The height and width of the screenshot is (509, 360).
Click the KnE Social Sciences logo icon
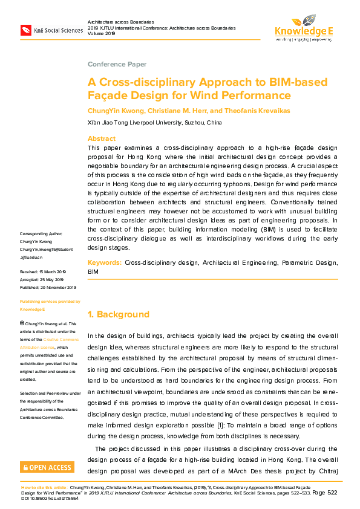[x=26, y=29]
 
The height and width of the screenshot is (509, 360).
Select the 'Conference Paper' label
[x=117, y=64]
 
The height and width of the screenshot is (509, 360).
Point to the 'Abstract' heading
[x=102, y=138]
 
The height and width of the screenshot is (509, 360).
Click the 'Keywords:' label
[x=105, y=263]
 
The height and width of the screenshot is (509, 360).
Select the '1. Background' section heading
[x=119, y=314]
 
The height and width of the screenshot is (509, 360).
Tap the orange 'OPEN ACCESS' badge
[x=47, y=467]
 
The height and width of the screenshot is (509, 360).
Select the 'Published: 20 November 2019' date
[x=48, y=288]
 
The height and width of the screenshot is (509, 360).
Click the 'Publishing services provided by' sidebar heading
[x=50, y=301]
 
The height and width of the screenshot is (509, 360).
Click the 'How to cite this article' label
[x=44, y=487]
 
